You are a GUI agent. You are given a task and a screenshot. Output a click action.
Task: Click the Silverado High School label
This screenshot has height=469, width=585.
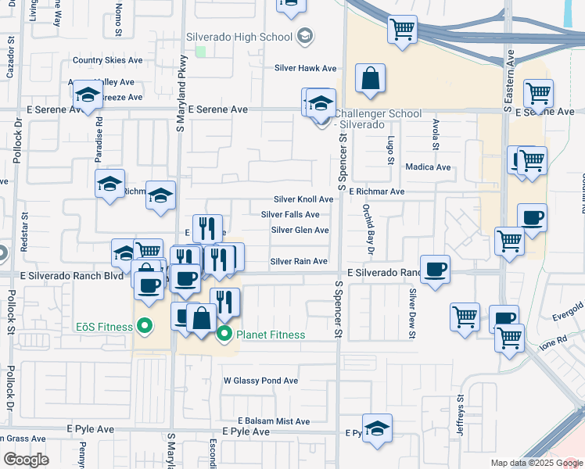[239, 36]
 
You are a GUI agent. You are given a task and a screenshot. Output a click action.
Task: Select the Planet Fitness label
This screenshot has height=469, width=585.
[270, 335]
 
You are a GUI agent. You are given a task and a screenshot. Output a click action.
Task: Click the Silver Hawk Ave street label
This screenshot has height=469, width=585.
[305, 68]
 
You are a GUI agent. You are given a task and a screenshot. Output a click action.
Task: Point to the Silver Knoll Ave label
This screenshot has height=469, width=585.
[303, 199]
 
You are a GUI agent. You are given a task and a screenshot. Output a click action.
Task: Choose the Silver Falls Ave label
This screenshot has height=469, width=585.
[290, 214]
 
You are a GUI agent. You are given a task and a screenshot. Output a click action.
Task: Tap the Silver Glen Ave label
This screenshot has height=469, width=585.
[300, 230]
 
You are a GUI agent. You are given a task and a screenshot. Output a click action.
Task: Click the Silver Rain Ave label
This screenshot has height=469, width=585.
[299, 261]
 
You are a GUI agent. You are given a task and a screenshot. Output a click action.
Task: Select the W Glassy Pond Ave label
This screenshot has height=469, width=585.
[260, 381]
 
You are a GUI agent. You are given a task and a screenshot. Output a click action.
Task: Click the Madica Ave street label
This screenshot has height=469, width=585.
[428, 167]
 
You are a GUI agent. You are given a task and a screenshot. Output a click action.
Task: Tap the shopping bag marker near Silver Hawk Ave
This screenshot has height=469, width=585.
[371, 79]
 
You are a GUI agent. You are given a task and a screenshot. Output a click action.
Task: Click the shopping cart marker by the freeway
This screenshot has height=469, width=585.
[402, 30]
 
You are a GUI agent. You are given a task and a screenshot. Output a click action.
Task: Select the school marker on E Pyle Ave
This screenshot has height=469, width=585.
[377, 428]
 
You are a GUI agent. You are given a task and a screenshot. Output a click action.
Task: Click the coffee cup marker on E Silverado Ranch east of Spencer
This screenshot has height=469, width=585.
[436, 269]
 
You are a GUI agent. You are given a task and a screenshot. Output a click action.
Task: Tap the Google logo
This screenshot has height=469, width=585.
[27, 460]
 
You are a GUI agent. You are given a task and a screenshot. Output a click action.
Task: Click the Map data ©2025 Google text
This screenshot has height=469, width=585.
[535, 463]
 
